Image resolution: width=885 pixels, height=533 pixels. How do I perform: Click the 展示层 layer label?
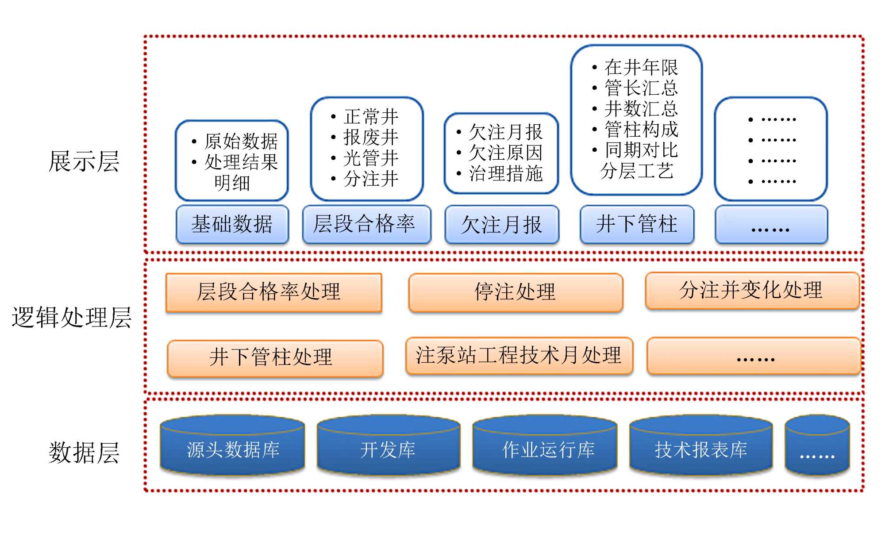(x=84, y=161)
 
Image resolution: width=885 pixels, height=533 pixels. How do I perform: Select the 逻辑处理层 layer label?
(x=72, y=318)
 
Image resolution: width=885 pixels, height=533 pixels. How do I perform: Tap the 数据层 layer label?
(x=84, y=452)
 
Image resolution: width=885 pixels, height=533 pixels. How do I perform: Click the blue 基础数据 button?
(x=232, y=224)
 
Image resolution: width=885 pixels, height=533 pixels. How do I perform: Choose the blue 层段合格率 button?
(x=366, y=224)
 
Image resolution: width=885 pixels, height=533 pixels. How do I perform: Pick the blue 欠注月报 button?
(x=502, y=225)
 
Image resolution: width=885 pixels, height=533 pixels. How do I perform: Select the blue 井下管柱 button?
(x=637, y=224)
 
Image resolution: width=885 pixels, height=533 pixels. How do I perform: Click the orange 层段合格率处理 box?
(x=273, y=292)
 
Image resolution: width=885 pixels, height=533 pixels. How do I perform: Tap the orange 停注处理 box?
(x=516, y=292)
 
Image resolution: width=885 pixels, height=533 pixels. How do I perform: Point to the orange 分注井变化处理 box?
(x=752, y=291)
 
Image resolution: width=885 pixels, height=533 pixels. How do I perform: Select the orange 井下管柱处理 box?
(x=275, y=358)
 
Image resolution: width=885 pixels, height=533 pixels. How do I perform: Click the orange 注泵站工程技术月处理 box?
(x=519, y=356)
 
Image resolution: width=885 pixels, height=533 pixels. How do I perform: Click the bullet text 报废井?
(x=371, y=138)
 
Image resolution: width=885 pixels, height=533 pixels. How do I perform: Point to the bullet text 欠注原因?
(x=505, y=153)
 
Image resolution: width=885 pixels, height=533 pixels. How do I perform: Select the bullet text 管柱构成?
(x=641, y=130)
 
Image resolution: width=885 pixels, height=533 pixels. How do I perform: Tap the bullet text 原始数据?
(x=241, y=142)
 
